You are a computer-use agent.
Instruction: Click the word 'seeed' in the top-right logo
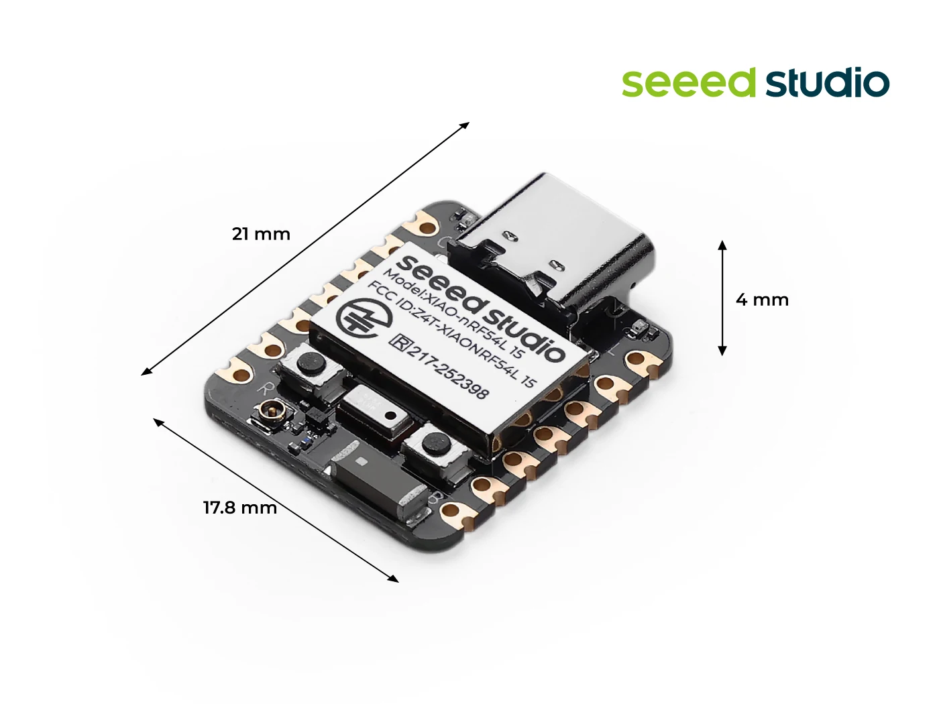(x=688, y=83)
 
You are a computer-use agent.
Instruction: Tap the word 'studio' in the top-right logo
(x=827, y=83)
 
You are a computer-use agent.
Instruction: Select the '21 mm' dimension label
(x=261, y=234)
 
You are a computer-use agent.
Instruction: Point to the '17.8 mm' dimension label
(x=240, y=508)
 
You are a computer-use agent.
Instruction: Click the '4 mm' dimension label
(x=762, y=300)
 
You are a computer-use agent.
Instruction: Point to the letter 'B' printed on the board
(x=435, y=498)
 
